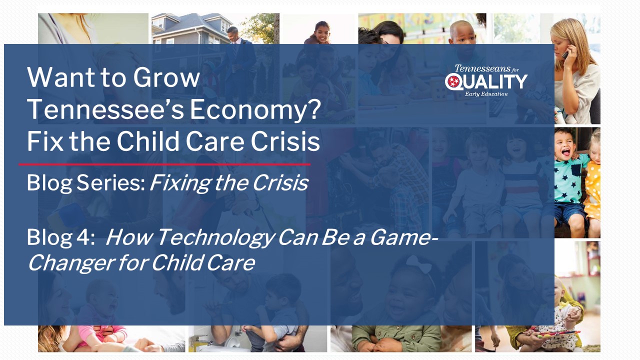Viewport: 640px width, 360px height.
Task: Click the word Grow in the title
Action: tap(166, 77)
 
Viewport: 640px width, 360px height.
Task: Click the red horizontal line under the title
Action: tap(164, 164)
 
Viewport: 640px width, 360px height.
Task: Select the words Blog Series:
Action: tap(86, 183)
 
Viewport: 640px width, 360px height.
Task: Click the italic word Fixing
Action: tap(180, 183)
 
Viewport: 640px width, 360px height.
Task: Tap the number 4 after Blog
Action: tap(83, 237)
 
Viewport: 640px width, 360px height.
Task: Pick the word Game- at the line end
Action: tap(403, 237)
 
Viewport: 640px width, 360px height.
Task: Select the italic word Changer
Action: tap(71, 263)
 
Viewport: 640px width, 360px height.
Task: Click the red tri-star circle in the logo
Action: tap(453, 81)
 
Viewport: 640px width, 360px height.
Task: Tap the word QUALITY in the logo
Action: tap(486, 81)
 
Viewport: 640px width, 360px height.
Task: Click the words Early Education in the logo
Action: tap(486, 94)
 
